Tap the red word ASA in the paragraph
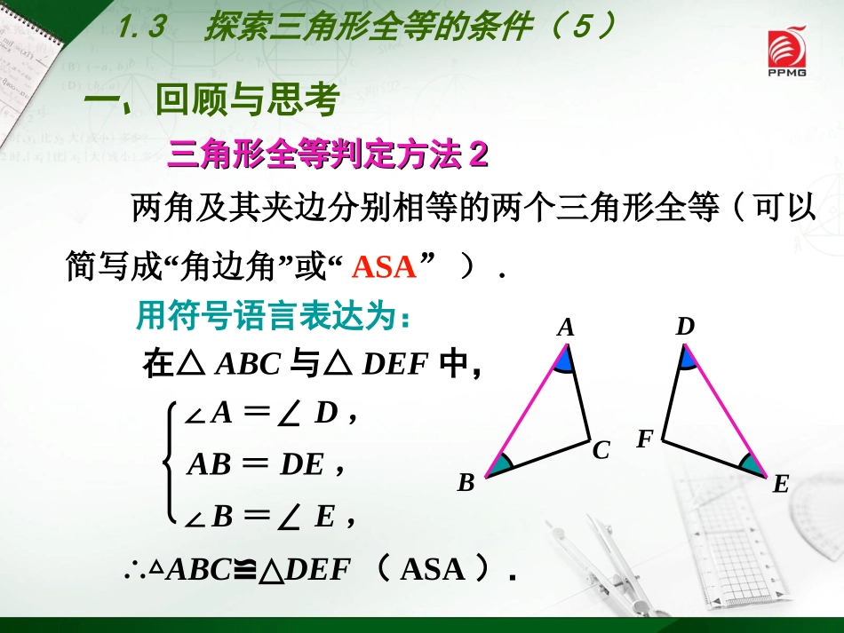(x=384, y=266)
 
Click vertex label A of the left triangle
(x=566, y=328)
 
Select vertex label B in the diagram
(x=466, y=484)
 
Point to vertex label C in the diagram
(x=601, y=451)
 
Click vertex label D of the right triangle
(x=684, y=328)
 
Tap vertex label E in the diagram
(x=781, y=484)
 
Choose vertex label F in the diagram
(x=645, y=439)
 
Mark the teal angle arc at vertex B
(x=502, y=463)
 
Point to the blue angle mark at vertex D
(x=688, y=359)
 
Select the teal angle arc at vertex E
(x=752, y=463)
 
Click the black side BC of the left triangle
(x=539, y=457)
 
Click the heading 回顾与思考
(x=246, y=100)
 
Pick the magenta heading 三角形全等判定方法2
(x=328, y=154)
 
